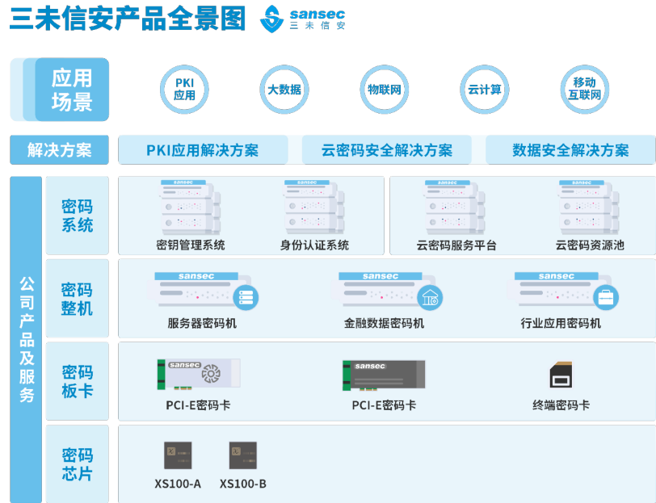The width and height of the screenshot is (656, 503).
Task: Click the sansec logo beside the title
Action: point(303,19)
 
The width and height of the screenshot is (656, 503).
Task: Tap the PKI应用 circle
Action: point(185,89)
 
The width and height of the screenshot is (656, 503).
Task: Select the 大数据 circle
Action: point(284,89)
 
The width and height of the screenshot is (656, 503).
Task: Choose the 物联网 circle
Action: point(385,89)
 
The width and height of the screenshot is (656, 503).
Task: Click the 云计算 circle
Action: point(484,89)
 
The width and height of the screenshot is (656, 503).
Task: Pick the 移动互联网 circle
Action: point(584,89)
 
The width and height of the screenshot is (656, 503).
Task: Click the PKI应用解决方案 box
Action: point(203,150)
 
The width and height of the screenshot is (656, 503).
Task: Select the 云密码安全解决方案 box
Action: point(387,150)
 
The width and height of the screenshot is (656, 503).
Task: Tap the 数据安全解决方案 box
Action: point(570,150)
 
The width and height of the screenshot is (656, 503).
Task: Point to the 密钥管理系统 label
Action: point(191,245)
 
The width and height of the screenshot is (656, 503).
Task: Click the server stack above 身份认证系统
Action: point(315,207)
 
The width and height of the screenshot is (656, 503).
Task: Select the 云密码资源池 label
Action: point(590,245)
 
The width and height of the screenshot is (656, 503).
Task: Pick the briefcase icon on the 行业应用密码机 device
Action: point(605,298)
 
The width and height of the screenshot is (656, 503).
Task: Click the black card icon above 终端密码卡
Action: point(561,375)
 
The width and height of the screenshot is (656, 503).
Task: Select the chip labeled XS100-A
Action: point(176,454)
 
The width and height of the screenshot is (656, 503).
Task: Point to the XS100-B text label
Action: point(242,484)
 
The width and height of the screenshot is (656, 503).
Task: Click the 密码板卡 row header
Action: point(78,381)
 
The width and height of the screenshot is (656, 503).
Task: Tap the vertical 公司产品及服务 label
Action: point(27,339)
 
